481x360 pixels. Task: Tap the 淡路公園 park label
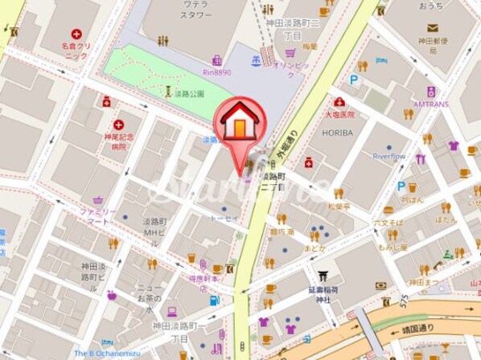(x=191, y=92)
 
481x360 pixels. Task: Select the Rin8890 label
(x=218, y=72)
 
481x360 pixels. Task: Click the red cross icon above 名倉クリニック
(x=76, y=35)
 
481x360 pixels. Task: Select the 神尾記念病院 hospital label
(x=119, y=142)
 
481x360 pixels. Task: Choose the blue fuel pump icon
(x=214, y=300)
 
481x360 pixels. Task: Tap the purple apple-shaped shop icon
(x=111, y=294)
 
